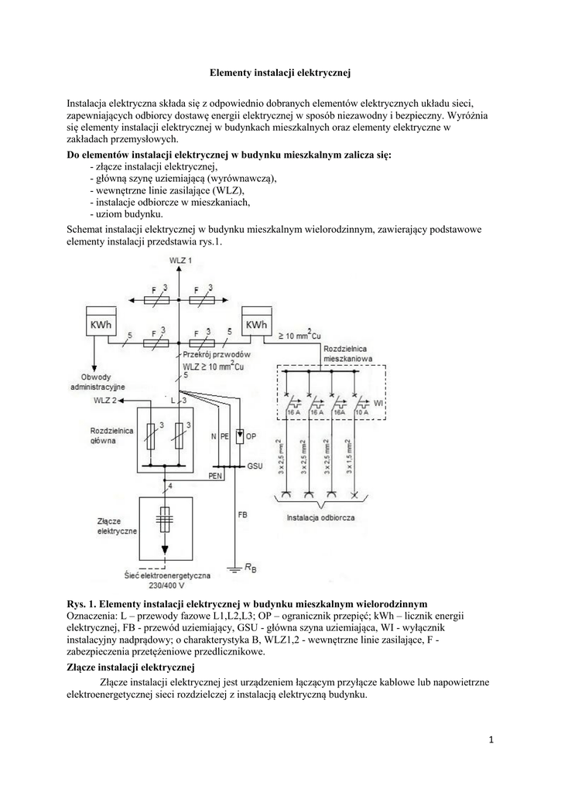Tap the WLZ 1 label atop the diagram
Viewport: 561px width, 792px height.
pyautogui.click(x=180, y=261)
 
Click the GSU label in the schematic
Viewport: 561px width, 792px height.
pyautogui.click(x=255, y=467)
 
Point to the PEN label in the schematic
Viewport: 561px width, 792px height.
pyautogui.click(x=216, y=477)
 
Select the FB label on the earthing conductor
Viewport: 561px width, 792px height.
pyautogui.click(x=243, y=514)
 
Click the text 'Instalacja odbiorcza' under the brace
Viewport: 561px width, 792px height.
pyautogui.click(x=320, y=517)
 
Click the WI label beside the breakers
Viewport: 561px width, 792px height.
pyautogui.click(x=378, y=404)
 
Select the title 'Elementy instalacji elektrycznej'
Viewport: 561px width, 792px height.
pyautogui.click(x=281, y=73)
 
